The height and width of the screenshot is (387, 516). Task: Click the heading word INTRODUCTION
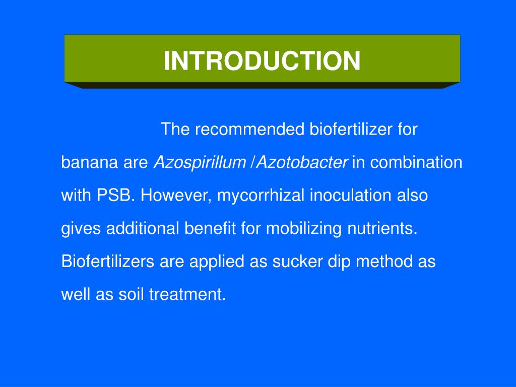262,60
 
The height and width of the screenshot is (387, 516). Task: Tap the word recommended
250,129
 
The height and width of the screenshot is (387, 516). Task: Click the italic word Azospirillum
200,163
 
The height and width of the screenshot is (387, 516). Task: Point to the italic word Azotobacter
302,162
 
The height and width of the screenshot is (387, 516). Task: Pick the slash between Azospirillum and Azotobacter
252,162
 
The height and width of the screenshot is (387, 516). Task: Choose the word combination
416,162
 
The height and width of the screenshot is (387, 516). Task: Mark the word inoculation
351,195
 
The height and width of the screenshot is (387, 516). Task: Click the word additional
143,228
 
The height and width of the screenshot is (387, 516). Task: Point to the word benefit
210,228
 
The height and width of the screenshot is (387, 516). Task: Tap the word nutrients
382,228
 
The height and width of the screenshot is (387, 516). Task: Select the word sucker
297,262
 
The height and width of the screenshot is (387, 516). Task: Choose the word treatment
187,294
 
